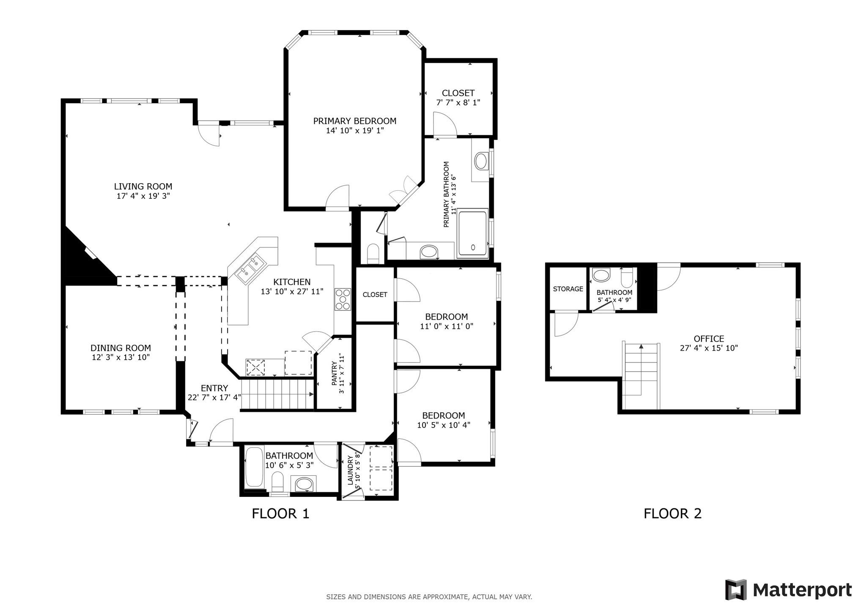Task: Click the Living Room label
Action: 143,187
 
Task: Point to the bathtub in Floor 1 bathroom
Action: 254,467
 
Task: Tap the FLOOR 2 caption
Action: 672,513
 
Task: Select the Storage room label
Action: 568,289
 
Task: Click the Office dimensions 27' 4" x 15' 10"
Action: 709,348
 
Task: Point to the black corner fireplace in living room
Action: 82,258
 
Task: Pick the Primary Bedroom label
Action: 354,121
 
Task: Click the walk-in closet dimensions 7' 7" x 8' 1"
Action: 458,102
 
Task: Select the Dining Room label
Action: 121,348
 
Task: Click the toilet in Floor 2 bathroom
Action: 627,277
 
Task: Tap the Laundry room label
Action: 350,470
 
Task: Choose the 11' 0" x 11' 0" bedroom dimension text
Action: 446,326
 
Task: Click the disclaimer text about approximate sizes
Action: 429,597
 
